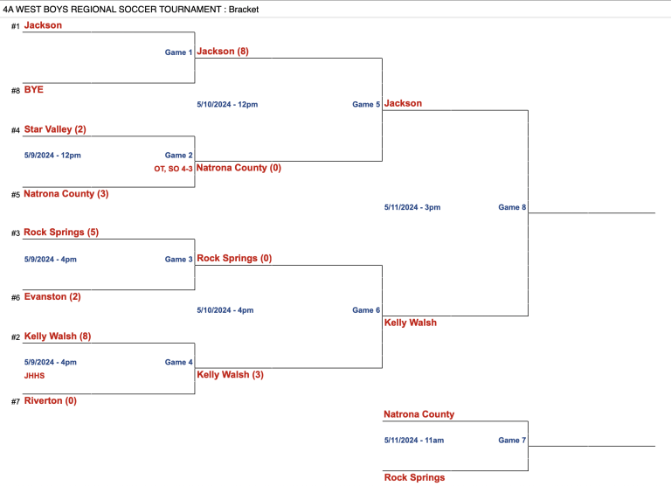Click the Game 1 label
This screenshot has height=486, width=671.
[178, 52]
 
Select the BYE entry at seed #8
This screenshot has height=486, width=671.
[34, 89]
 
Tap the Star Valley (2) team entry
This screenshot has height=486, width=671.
[55, 129]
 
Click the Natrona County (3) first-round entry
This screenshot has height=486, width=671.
[66, 193]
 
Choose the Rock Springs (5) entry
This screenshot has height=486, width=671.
[60, 233]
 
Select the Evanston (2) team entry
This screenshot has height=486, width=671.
[52, 296]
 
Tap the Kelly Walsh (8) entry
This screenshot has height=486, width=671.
[57, 337]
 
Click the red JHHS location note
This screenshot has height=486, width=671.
[34, 376]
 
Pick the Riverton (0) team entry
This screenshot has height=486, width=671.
[51, 400]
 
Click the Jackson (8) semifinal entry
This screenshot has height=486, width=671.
[223, 52]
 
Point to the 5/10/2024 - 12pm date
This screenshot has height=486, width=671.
[227, 104]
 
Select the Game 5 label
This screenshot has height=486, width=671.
[366, 104]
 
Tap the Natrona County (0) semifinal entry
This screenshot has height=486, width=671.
[239, 167]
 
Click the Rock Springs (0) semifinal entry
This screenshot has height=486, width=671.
[235, 258]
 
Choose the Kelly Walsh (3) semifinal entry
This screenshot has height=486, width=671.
[231, 374]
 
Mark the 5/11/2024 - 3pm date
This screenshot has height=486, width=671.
[412, 207]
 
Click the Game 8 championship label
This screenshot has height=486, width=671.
[512, 207]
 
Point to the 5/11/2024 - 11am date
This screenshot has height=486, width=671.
[413, 440]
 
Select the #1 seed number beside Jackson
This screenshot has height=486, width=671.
[15, 26]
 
